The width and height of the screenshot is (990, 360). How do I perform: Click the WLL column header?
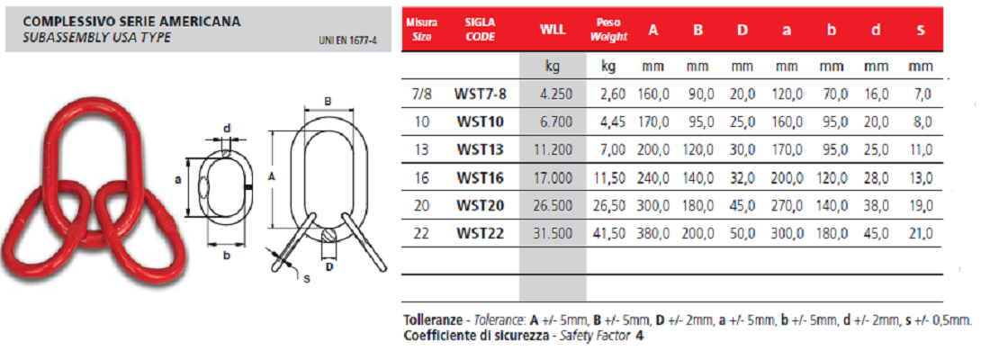(x=553, y=30)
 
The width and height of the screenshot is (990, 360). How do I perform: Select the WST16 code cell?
(x=480, y=178)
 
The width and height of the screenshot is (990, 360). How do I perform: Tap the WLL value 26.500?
(x=556, y=205)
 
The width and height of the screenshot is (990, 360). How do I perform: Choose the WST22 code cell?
(x=480, y=233)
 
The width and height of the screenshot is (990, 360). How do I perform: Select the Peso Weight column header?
(x=608, y=30)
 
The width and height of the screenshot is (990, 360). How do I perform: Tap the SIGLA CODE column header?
(x=481, y=30)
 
